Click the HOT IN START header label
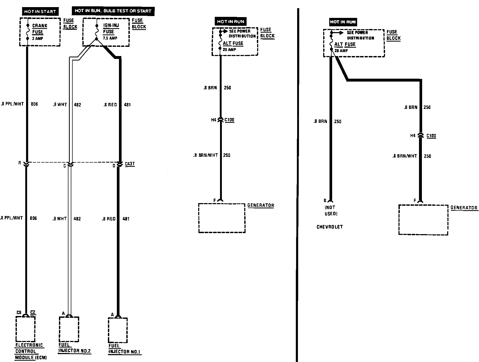(40, 12)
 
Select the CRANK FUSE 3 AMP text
(39, 32)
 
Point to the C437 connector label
(130, 164)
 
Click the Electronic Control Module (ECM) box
(26, 329)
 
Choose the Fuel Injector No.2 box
(69, 329)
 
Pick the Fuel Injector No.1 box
(118, 330)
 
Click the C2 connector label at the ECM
(33, 312)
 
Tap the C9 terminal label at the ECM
(19, 313)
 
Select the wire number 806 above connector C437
(34, 104)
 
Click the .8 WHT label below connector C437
(59, 219)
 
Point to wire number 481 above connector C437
(127, 105)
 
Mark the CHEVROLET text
(330, 227)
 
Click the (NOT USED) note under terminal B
(331, 210)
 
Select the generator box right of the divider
(423, 220)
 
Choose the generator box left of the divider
(222, 218)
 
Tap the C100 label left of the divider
(229, 120)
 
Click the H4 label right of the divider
(413, 136)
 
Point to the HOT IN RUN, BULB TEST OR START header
(113, 11)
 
